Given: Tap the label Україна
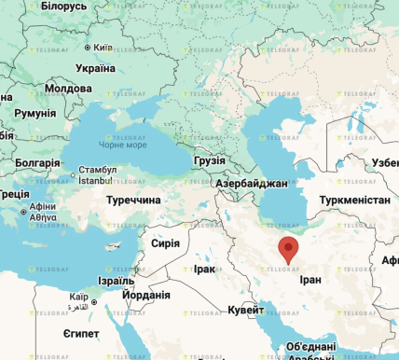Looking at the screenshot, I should (95, 68).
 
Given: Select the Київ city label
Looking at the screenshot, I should (103, 47).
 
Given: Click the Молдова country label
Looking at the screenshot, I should (69, 89).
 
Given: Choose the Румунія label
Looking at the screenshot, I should (35, 113).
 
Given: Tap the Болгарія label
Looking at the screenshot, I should (37, 162).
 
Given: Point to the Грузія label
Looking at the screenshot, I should (210, 160).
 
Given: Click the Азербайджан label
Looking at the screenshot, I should (251, 184).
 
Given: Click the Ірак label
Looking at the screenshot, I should (203, 269).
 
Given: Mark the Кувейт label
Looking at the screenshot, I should (245, 310).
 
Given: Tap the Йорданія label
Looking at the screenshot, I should (146, 295).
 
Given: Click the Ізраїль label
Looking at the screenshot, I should (116, 280).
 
